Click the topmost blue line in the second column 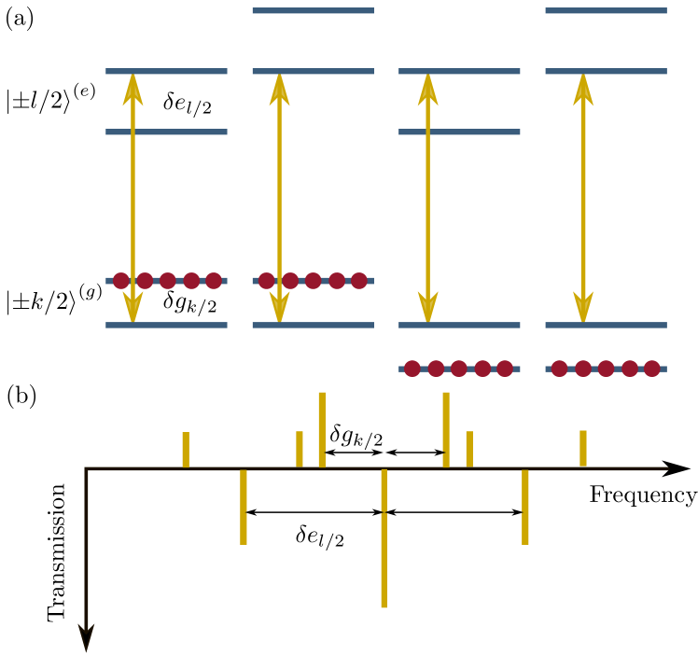313,11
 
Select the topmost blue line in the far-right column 606,11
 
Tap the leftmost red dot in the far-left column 121,281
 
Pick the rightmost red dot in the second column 359,281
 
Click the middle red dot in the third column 459,369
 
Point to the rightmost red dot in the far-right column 652,369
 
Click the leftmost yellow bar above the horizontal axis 186,450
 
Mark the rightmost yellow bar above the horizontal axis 583,449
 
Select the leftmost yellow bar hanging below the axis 244,507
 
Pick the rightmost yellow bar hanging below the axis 525,507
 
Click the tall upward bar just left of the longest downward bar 322,429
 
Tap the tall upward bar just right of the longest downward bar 446,429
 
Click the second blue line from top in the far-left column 166,132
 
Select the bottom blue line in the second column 313,326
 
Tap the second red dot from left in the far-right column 583,369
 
